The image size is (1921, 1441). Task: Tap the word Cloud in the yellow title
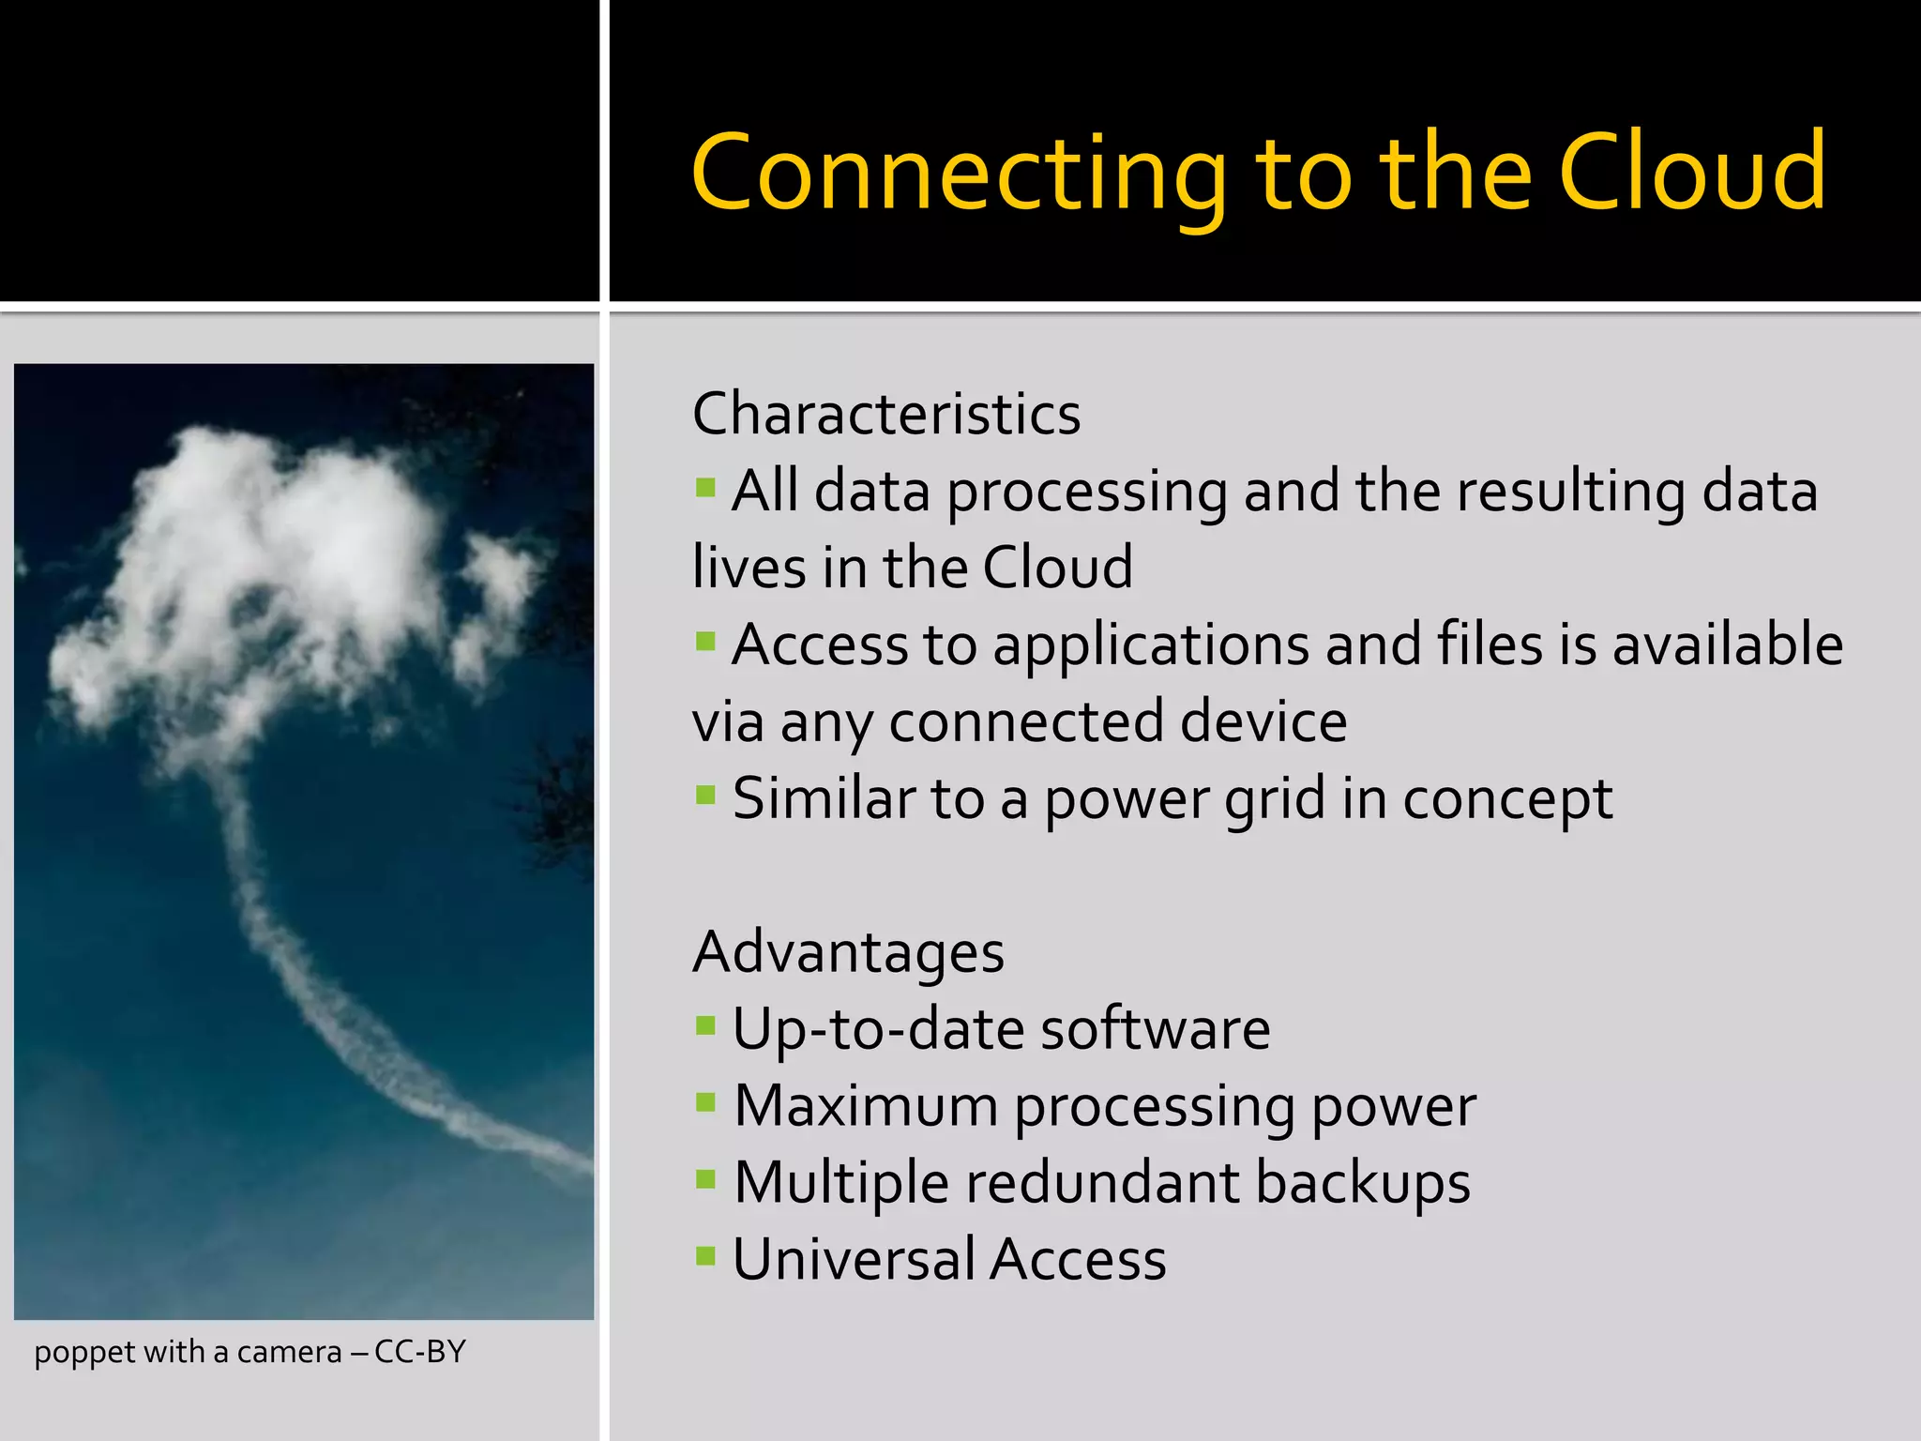tap(1692, 173)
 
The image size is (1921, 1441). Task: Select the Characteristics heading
tap(886, 414)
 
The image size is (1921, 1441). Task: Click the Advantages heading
tap(848, 951)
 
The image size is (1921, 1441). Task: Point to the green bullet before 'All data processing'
tap(705, 488)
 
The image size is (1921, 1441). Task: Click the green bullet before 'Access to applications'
tap(705, 643)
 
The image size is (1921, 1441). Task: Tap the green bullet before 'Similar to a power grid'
tap(705, 796)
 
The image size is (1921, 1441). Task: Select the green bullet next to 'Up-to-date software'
tap(705, 1025)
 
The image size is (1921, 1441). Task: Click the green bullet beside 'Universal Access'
tap(705, 1256)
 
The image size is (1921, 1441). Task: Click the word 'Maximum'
tap(865, 1105)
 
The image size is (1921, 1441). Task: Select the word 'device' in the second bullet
tap(1263, 721)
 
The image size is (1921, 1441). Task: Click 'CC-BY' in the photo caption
tap(419, 1352)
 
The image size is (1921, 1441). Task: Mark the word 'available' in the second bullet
tap(1727, 645)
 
